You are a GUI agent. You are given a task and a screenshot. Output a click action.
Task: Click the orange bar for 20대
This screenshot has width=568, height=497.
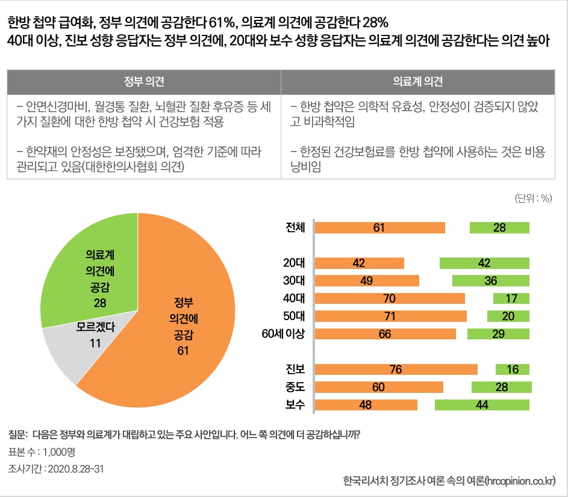tap(360, 263)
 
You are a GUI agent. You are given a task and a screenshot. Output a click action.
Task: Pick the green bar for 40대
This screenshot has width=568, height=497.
tap(511, 298)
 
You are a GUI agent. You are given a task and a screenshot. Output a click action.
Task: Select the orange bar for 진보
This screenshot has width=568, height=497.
tap(396, 369)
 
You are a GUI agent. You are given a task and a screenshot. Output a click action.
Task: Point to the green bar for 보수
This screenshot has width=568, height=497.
tap(482, 405)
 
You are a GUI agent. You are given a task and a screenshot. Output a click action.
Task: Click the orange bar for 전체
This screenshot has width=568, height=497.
tap(380, 227)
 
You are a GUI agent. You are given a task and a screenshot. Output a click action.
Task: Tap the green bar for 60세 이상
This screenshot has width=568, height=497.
tap(498, 334)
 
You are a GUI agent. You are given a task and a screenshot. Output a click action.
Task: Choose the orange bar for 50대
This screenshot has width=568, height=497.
tap(391, 316)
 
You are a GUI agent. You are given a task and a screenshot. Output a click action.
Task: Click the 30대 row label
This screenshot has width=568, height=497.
tap(295, 280)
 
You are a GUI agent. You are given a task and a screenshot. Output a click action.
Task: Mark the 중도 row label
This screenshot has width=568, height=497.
tap(295, 387)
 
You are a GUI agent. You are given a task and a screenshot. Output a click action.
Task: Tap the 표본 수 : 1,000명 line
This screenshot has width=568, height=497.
tap(42, 452)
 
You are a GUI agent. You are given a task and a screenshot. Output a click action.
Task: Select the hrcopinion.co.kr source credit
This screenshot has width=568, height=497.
tap(449, 481)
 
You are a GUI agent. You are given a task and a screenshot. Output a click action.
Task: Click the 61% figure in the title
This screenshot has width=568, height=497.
tap(221, 23)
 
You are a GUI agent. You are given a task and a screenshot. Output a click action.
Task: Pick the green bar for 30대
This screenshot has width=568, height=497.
tap(490, 280)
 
